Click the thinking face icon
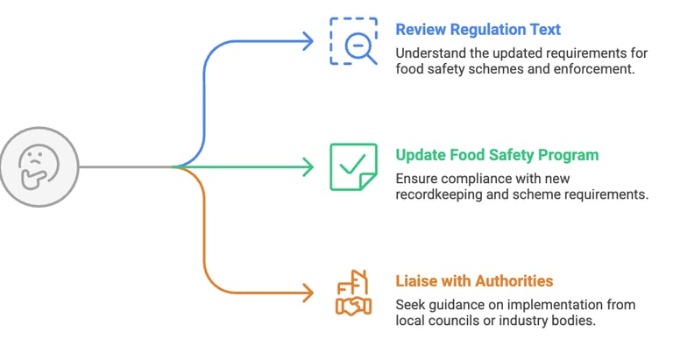39,166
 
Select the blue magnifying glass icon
354,40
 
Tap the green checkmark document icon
353,166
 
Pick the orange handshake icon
353,292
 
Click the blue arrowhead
306,40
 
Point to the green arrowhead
306,166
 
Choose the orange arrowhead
306,292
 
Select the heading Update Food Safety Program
497,155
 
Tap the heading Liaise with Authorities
474,281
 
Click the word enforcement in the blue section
595,68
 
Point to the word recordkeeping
441,194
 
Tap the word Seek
410,304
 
